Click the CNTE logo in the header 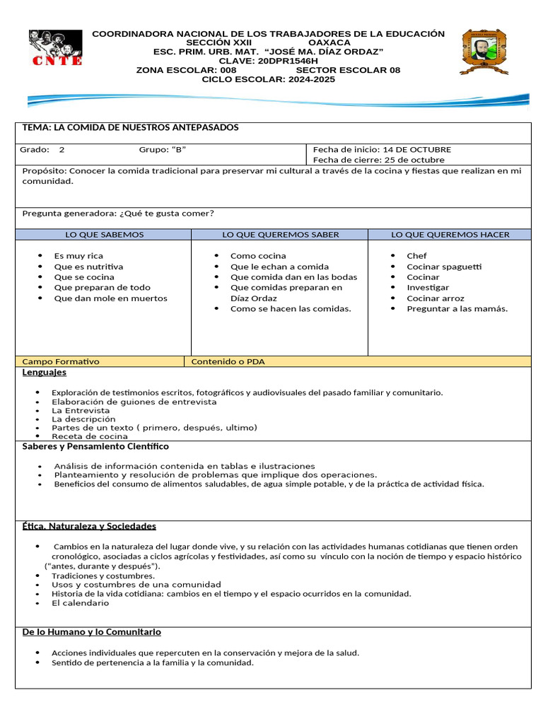coord(55,48)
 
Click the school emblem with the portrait coord(484,51)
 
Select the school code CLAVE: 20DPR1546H coord(269,61)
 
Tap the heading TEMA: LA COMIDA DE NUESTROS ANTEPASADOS coord(131,127)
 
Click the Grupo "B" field coord(163,150)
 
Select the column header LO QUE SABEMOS coord(104,235)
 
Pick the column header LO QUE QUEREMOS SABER coord(280,235)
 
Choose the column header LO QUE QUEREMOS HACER coord(450,235)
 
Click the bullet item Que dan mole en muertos coord(110,298)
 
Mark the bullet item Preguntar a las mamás coord(457,309)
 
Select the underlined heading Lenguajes coord(45,373)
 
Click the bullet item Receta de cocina coord(90,436)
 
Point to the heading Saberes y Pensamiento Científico coord(95,447)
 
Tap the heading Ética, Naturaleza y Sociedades coord(89,527)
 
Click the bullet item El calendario coord(81,603)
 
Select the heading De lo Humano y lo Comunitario coord(92,632)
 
